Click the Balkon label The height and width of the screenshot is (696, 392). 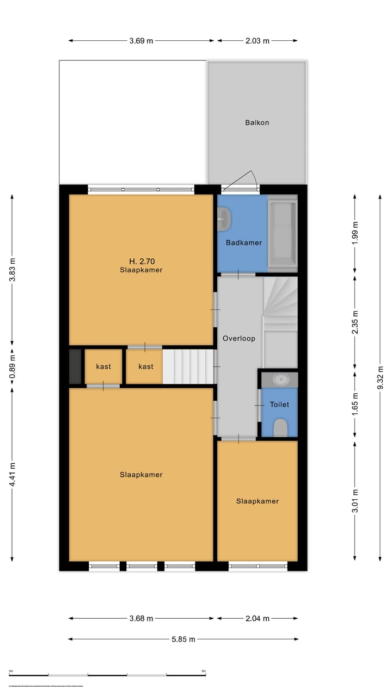[x=256, y=123]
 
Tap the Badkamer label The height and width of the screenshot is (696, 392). [x=244, y=243]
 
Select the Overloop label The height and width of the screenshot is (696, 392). [x=238, y=338]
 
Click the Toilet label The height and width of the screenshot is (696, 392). [x=279, y=405]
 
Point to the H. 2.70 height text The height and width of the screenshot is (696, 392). [x=141, y=261]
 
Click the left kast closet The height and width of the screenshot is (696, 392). [x=103, y=366]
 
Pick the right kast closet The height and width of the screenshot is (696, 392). [x=145, y=366]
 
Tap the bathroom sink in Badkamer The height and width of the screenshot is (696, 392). [x=224, y=220]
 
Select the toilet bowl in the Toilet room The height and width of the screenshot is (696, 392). [x=280, y=427]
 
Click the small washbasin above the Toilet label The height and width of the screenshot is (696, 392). [x=279, y=379]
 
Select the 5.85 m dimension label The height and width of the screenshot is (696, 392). [x=183, y=639]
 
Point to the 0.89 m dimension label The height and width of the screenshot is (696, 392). [x=12, y=367]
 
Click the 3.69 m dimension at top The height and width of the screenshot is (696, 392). [x=141, y=41]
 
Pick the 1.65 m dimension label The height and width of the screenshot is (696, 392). [x=355, y=404]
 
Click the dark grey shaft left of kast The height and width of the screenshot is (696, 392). [x=75, y=366]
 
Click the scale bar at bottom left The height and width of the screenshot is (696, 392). [x=107, y=675]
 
